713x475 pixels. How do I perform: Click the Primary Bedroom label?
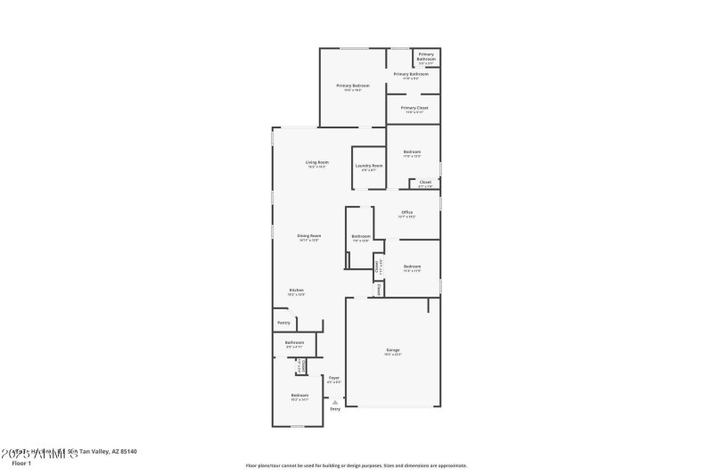pos(353,86)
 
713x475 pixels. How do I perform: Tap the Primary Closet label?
pos(414,108)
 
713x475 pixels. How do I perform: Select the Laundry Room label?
pos(368,165)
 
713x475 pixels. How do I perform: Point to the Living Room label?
pos(316,162)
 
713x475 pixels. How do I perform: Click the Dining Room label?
pos(308,235)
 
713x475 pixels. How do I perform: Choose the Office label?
pos(406,212)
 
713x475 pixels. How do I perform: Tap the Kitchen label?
pos(295,290)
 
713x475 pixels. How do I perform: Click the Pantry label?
pos(283,323)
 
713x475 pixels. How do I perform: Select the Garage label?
pos(392,350)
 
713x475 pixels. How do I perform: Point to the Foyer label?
pos(334,378)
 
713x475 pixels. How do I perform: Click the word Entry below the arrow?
pos(335,408)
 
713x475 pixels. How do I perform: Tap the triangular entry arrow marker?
pos(335,401)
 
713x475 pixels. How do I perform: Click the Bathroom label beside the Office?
pos(360,236)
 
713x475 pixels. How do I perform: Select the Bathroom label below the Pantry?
pos(294,342)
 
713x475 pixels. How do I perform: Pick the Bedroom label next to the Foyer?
pos(299,395)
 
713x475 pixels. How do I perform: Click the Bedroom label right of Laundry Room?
pos(412,152)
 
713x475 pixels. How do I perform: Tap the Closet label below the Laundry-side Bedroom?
pos(425,182)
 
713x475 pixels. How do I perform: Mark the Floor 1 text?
pos(20,463)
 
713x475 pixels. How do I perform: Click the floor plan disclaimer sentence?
pos(356,465)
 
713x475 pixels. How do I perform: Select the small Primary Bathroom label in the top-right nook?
pos(426,56)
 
